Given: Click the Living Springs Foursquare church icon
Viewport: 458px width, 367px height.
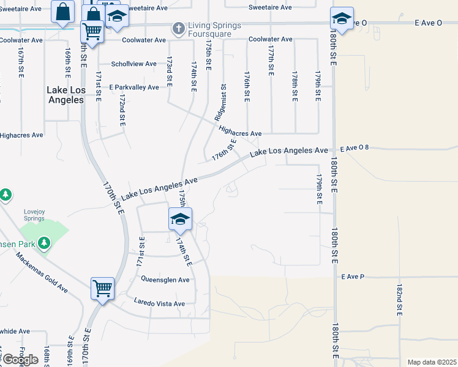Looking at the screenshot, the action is pos(178,28).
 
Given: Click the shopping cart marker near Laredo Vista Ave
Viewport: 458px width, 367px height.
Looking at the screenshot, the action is pos(102,289).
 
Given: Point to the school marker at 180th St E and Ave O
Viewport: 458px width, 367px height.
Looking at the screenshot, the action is pos(342,19).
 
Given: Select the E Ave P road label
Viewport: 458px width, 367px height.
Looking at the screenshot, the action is pos(353,277).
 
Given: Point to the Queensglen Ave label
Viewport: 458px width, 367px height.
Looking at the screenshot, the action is pos(165,280).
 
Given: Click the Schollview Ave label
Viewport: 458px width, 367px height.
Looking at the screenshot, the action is pos(133,64).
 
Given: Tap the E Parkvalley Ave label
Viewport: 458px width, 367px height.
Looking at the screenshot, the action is pos(134,87).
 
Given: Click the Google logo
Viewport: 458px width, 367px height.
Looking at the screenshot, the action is pos(20,360).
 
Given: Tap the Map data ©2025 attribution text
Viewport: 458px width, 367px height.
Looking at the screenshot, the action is pos(432,362).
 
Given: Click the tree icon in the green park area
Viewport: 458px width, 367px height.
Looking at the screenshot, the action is pos(43,243).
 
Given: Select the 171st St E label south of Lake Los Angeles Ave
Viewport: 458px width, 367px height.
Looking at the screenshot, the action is pos(141,250).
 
